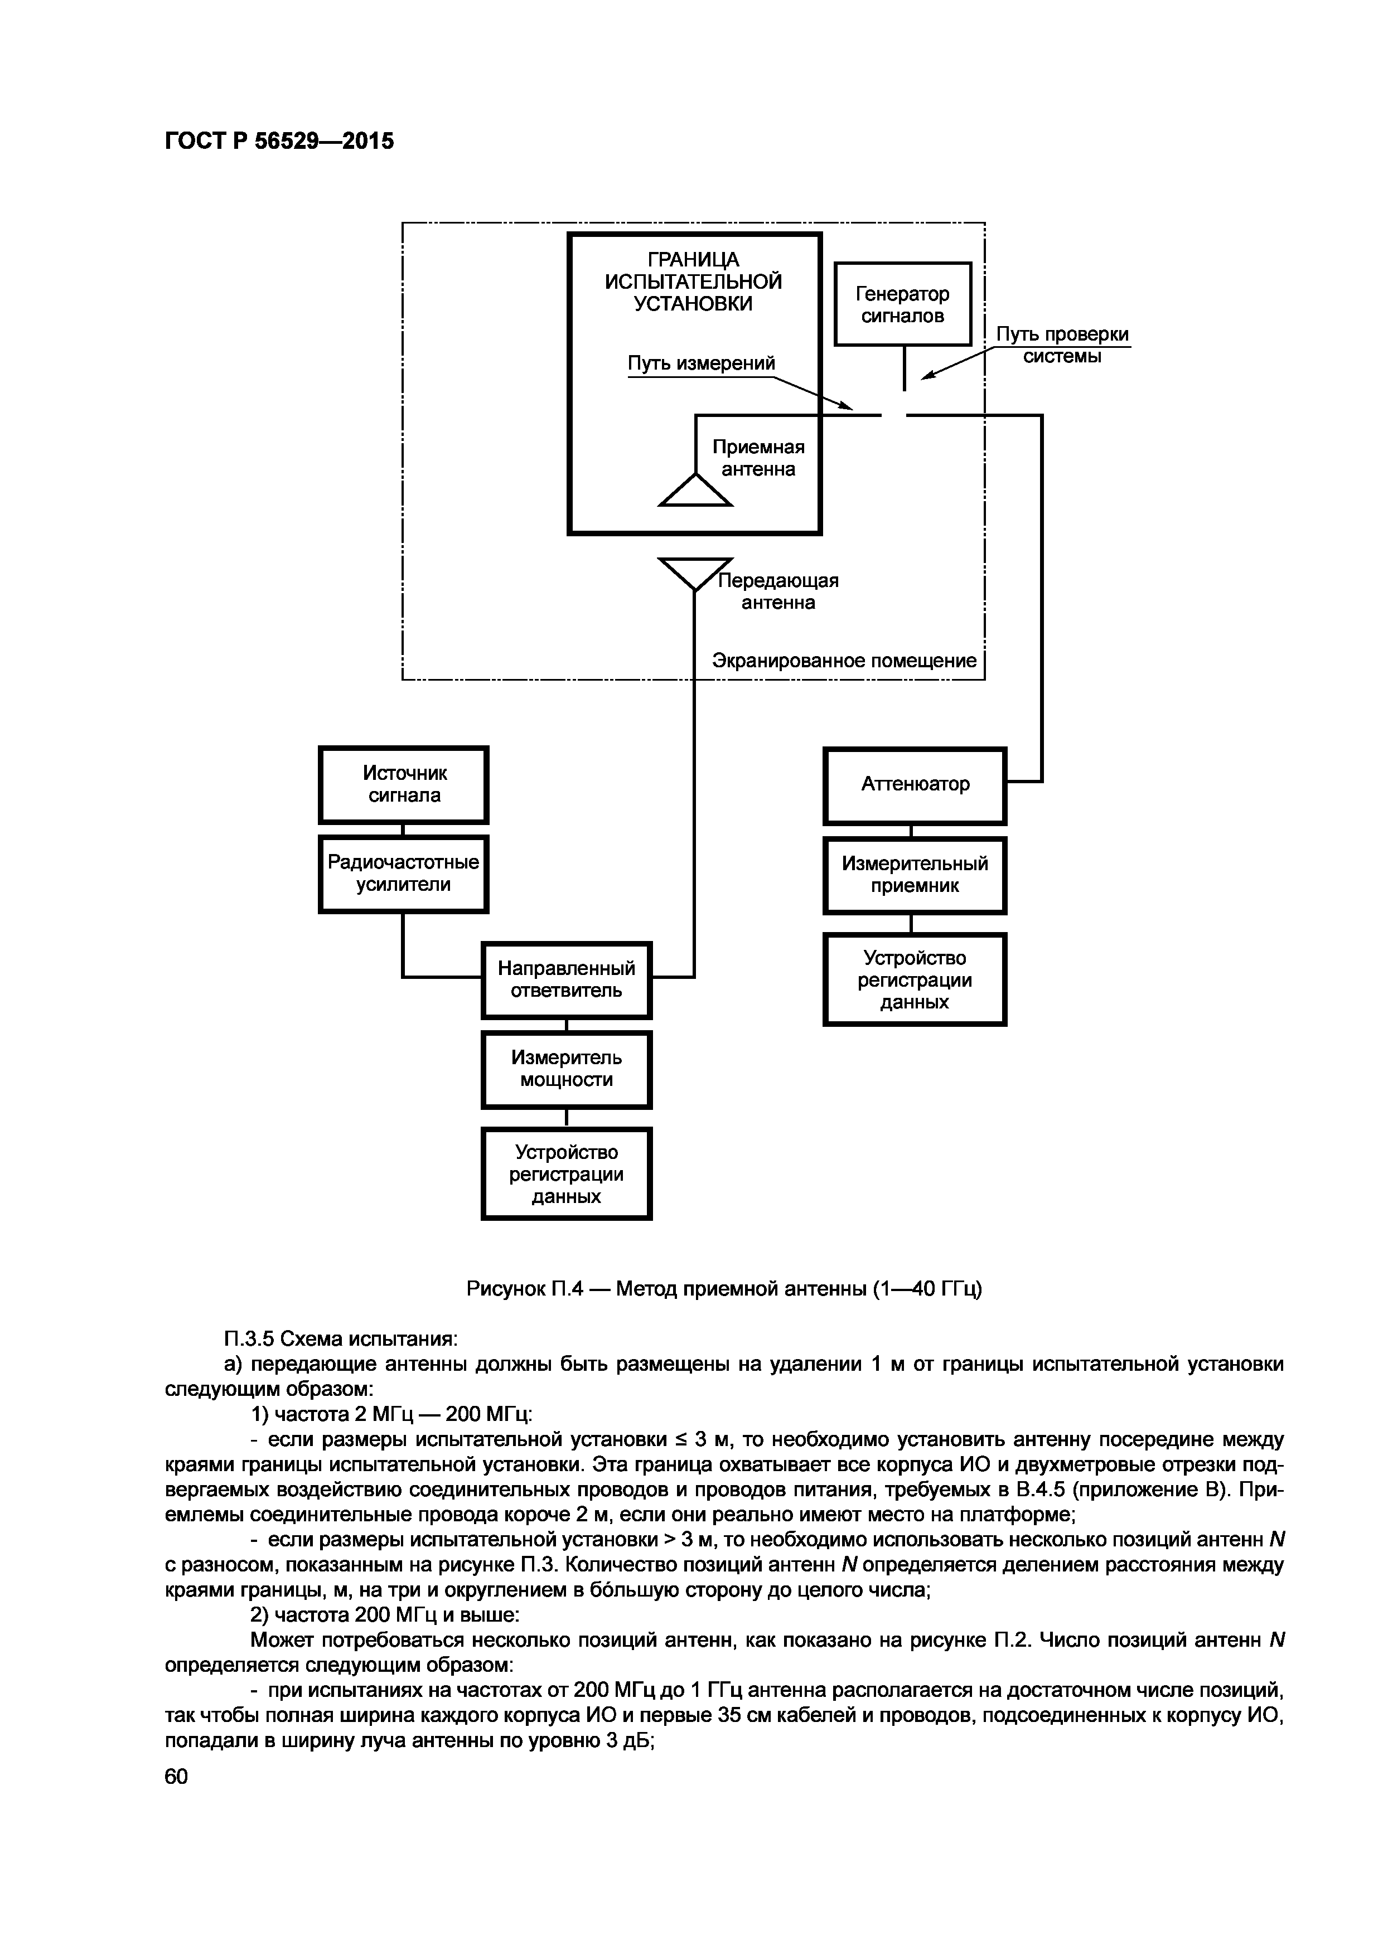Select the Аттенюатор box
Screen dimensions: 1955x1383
[x=915, y=785]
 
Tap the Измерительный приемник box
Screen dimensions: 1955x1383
[x=915, y=875]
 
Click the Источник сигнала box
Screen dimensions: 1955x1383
[x=404, y=785]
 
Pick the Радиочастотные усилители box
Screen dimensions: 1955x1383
[x=404, y=874]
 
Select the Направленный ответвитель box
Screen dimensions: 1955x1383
[x=567, y=980]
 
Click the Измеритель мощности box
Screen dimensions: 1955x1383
[x=567, y=1069]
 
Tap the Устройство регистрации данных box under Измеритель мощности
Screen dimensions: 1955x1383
[x=567, y=1174]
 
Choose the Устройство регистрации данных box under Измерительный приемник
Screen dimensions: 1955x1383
[x=915, y=980]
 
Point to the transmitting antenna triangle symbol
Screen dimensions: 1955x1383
[x=695, y=572]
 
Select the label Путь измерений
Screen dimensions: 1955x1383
[x=702, y=363]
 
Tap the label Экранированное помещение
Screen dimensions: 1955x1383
[x=844, y=661]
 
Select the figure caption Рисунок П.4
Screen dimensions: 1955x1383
[x=724, y=1289]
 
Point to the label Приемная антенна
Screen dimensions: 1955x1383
[x=758, y=459]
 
